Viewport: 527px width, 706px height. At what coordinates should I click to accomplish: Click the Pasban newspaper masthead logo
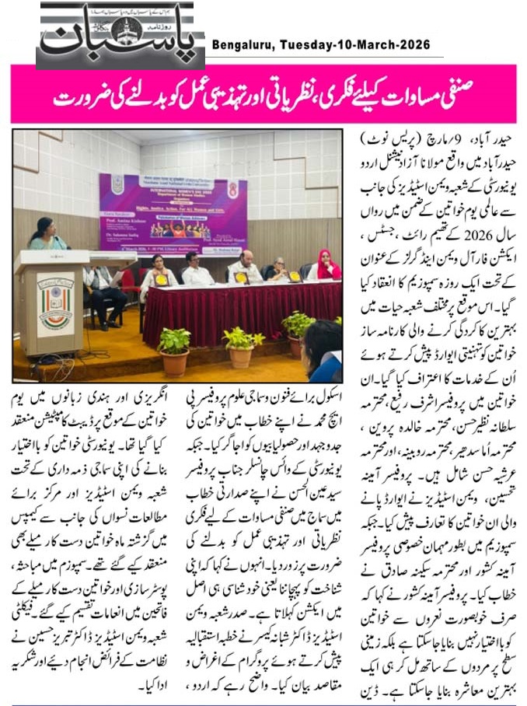coord(120,35)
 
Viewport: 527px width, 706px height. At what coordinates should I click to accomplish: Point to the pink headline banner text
coord(263,96)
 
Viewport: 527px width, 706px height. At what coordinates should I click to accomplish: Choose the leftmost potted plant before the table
coord(175,349)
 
